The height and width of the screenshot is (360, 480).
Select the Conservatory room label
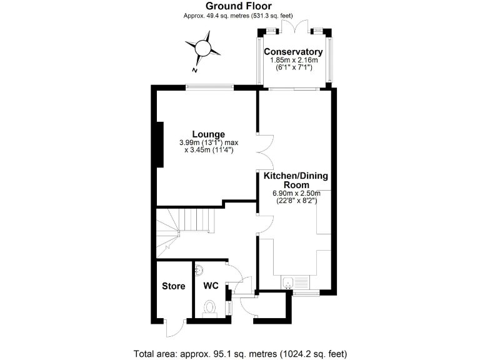[293, 51]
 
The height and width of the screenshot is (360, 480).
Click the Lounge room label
[208, 134]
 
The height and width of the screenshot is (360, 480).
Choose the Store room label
[173, 286]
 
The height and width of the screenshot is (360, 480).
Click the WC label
[211, 286]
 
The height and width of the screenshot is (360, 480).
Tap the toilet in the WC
[210, 309]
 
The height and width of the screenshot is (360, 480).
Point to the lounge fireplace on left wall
[160, 144]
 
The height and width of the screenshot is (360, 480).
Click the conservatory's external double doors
[292, 26]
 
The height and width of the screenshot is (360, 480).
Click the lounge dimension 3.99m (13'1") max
[208, 142]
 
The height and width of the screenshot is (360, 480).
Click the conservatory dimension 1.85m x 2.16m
[293, 60]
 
